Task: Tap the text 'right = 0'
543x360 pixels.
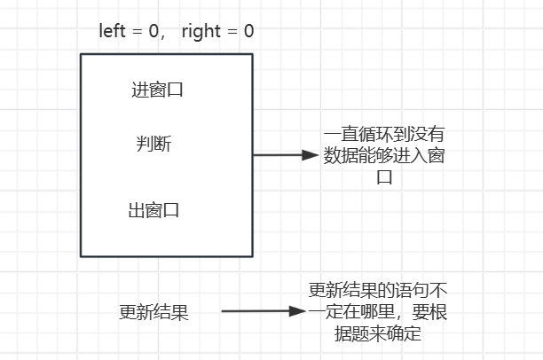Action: pyautogui.click(x=217, y=32)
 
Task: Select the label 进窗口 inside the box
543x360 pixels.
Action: pyautogui.click(x=157, y=90)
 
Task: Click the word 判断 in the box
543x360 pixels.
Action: pyautogui.click(x=153, y=144)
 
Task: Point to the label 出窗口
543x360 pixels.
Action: pyautogui.click(x=153, y=211)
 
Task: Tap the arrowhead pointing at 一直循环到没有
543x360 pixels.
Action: pyautogui.click(x=310, y=155)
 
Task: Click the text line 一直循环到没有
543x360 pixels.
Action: pyautogui.click(x=383, y=136)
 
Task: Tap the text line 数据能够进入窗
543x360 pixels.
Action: pyautogui.click(x=383, y=156)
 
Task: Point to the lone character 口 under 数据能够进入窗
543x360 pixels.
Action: pyautogui.click(x=383, y=177)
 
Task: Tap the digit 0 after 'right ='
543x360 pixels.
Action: pyautogui.click(x=248, y=32)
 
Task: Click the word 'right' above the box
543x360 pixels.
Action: pyautogui.click(x=201, y=32)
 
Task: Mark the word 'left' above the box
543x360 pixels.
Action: pyautogui.click(x=112, y=32)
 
